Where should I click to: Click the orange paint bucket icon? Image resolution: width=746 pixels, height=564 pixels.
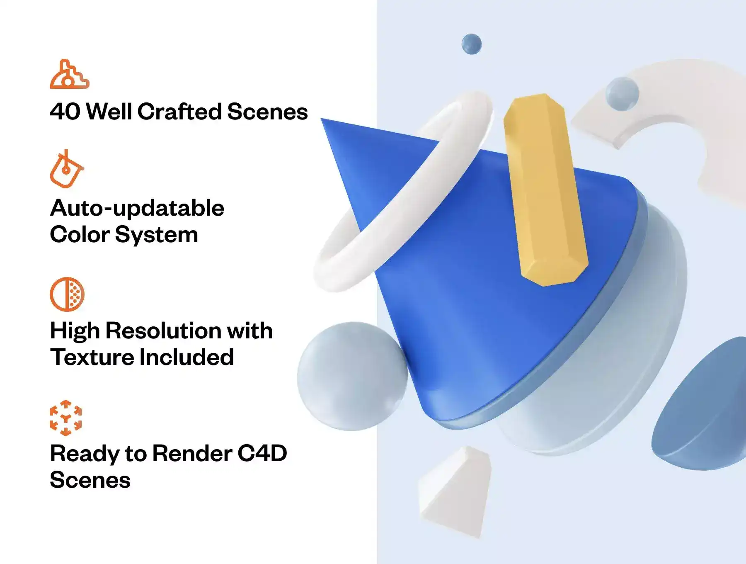pos(66,169)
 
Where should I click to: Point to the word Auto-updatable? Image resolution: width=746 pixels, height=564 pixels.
pos(137,209)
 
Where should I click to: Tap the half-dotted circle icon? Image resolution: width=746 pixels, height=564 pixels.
pos(67,294)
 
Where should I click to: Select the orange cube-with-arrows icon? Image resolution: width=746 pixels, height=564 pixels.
pos(66,418)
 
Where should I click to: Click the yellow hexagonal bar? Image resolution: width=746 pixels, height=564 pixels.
pos(545,190)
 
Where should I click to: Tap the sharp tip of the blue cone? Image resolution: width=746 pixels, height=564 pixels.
pos(322,119)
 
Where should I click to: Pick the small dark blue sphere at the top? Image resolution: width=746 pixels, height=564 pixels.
pos(472,44)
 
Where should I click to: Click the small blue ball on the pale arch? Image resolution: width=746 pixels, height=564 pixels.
pos(622,94)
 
